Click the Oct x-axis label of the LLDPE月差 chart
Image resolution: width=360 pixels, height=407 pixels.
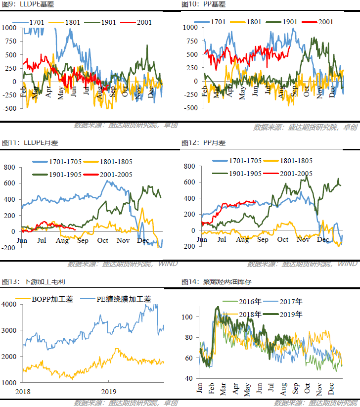[103, 241]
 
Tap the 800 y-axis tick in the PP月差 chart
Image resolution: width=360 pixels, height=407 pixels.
[190, 166]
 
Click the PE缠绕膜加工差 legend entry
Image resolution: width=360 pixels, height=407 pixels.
[123, 299]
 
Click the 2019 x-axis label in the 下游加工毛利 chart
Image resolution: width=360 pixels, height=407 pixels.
[108, 390]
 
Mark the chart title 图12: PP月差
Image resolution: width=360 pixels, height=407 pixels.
[203, 143]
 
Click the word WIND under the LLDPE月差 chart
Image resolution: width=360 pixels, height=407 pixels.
[168, 264]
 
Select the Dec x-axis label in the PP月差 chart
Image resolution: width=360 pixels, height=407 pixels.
[322, 240]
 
